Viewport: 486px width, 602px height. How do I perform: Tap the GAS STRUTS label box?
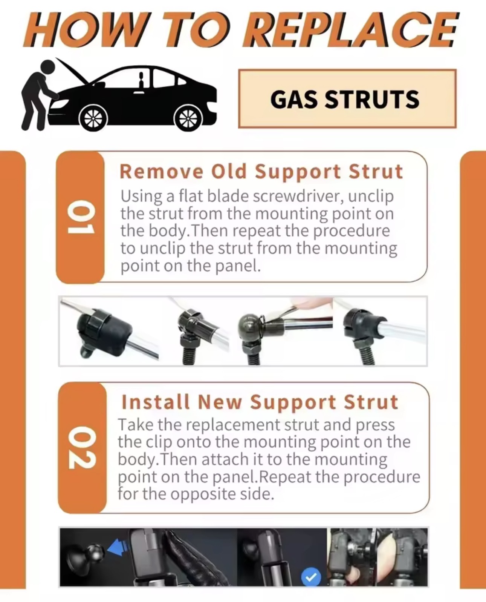347,99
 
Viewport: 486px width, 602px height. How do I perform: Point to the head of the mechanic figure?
48,67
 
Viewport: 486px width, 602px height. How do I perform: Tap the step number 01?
81,217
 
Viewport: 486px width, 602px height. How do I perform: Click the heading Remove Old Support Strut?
261,172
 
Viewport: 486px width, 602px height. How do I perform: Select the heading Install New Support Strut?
260,402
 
